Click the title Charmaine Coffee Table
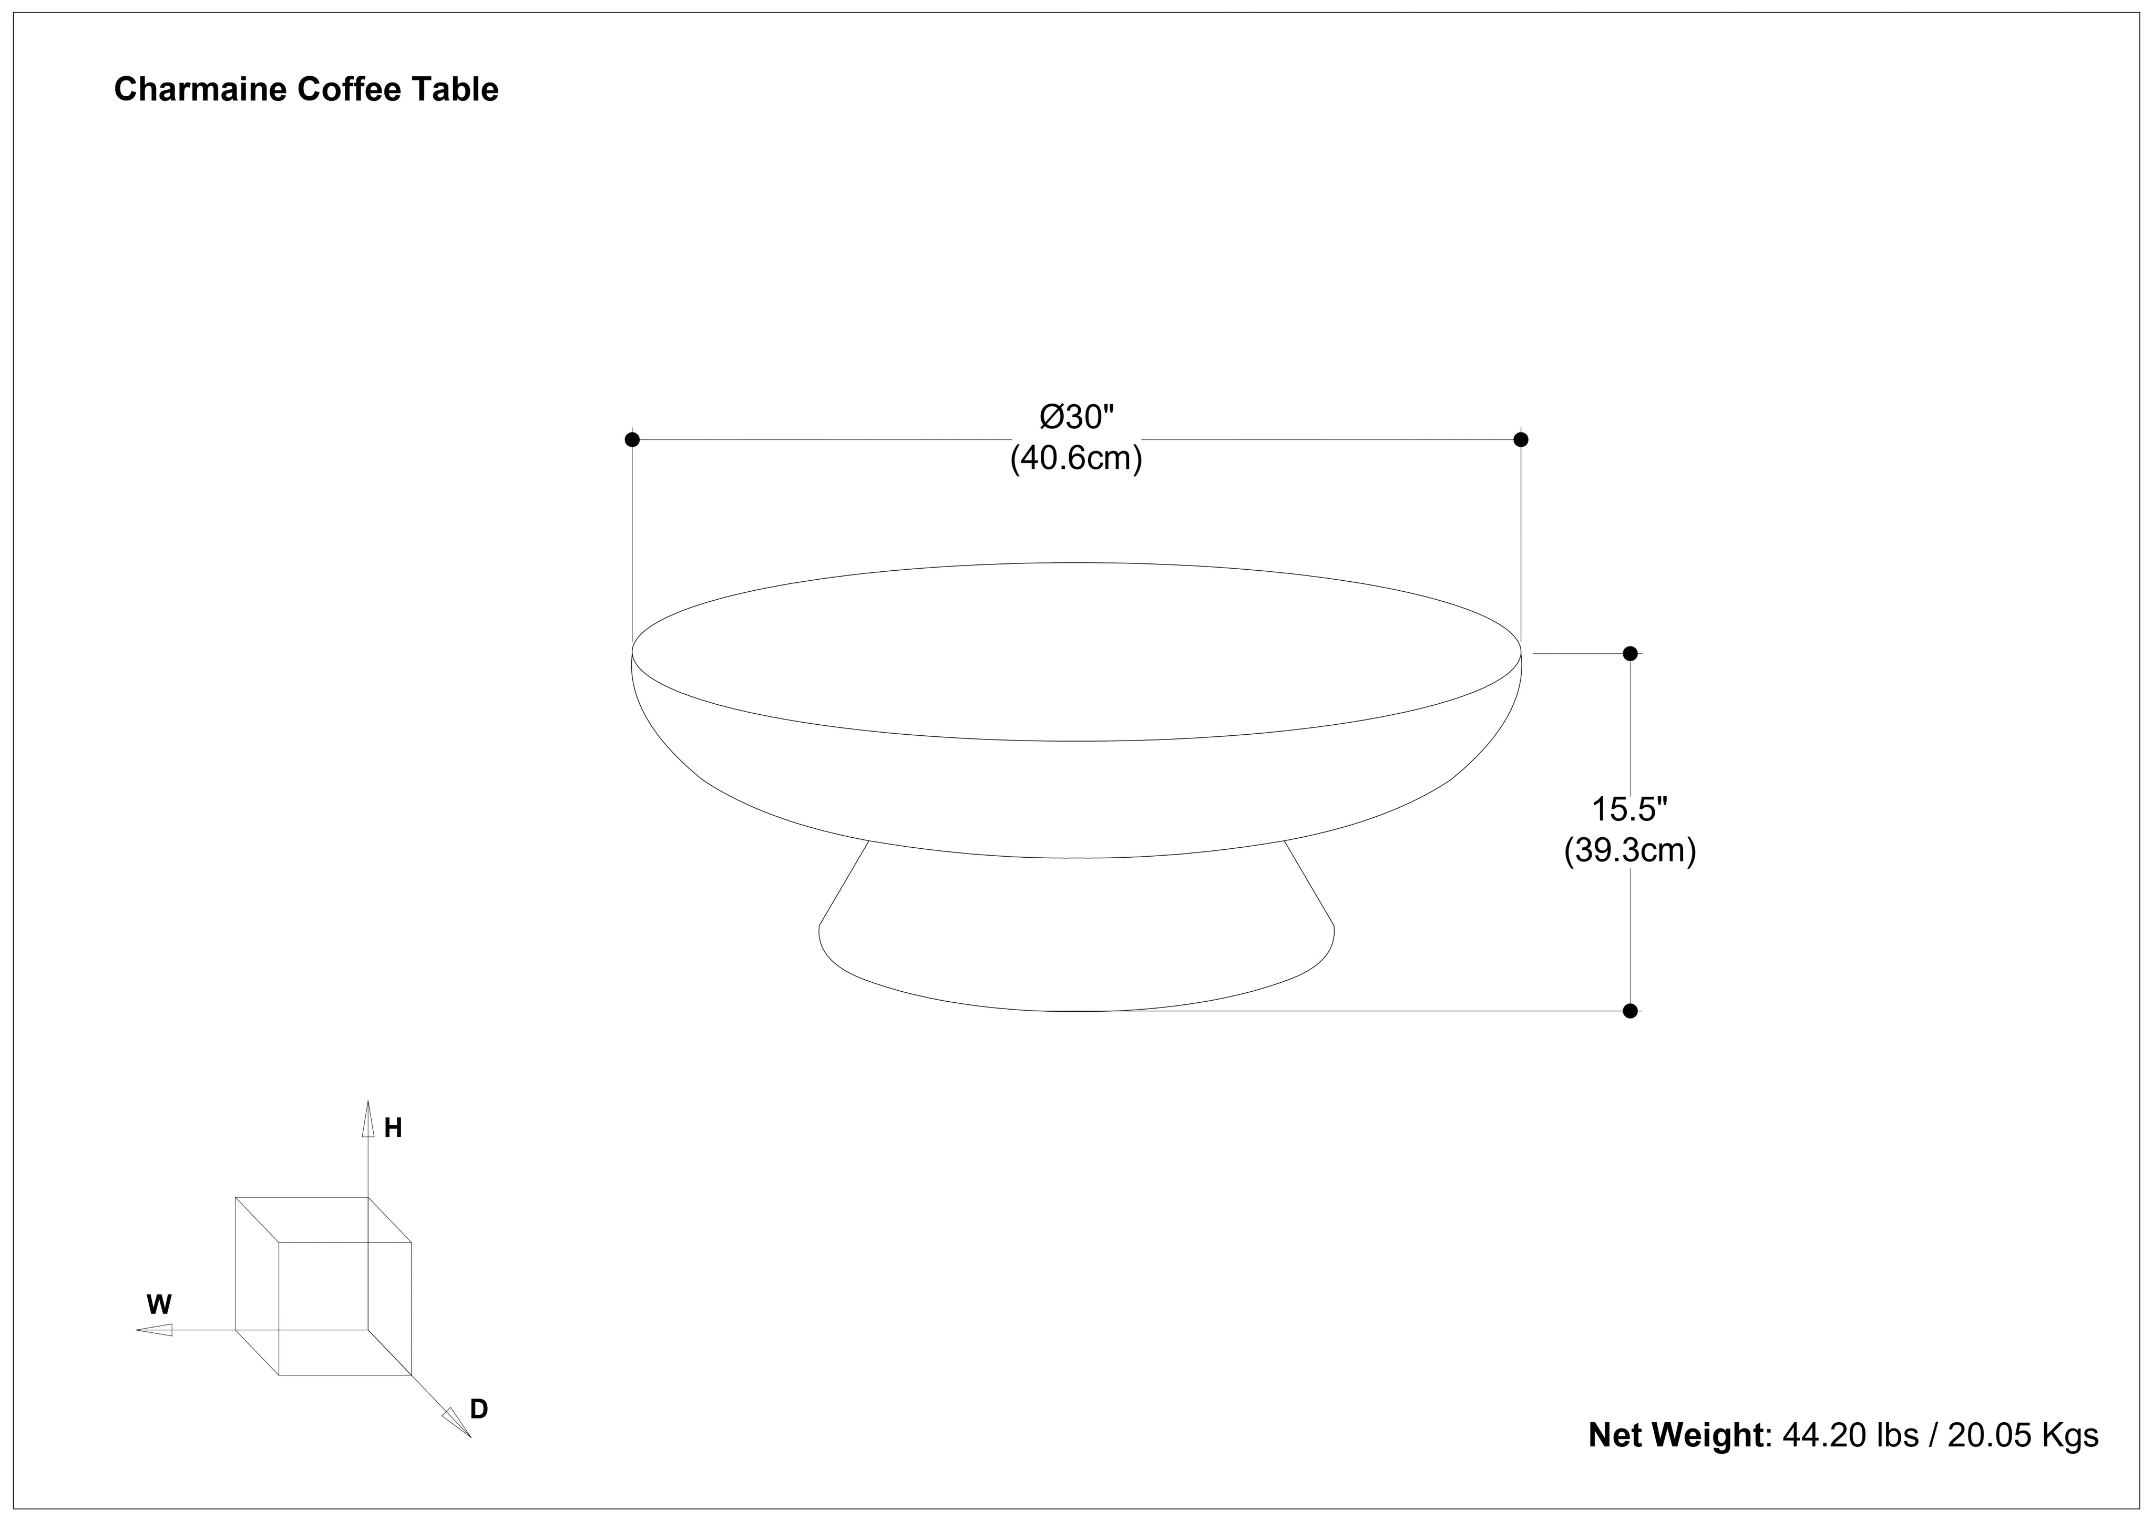tap(306, 90)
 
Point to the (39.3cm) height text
tap(1630, 850)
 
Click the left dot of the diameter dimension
tap(632, 439)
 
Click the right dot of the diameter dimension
tap(1521, 439)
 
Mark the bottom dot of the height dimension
tap(1630, 1010)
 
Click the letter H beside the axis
tap(393, 1128)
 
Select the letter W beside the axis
tap(159, 1304)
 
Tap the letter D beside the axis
tap(479, 1409)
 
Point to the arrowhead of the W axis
tap(155, 1330)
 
